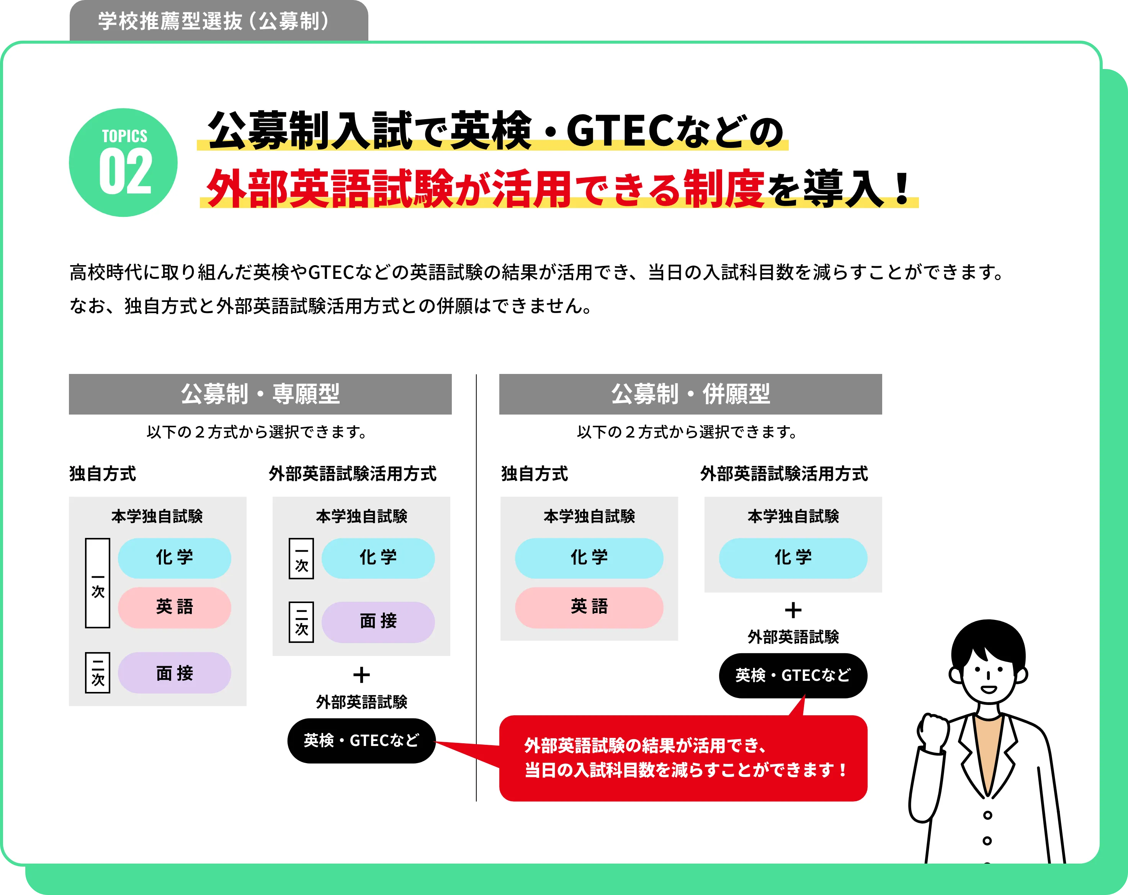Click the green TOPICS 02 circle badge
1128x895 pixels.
click(x=123, y=162)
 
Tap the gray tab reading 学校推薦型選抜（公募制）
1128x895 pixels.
click(x=219, y=21)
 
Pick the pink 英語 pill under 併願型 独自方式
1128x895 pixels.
click(x=589, y=607)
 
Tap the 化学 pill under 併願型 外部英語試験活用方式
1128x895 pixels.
click(x=793, y=558)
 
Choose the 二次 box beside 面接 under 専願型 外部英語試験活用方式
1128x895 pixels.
click(x=301, y=622)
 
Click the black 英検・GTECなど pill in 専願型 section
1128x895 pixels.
click(x=361, y=741)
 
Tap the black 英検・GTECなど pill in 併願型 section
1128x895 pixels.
click(x=793, y=675)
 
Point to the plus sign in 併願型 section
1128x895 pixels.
click(x=793, y=610)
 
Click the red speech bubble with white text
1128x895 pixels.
click(x=683, y=758)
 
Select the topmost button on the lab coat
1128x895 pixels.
click(x=987, y=815)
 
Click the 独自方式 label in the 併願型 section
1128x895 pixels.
click(x=534, y=474)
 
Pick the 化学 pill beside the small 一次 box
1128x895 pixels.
click(x=378, y=558)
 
